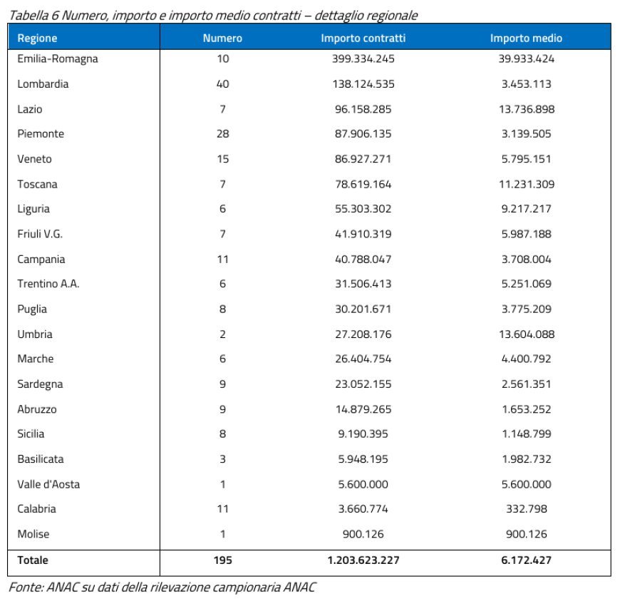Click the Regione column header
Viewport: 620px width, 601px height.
pos(37,38)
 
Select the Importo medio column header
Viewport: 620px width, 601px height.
pos(526,38)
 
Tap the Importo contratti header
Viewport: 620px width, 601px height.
pos(363,38)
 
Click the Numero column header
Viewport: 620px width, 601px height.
pos(222,38)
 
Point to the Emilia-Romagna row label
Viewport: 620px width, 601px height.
pos(57,59)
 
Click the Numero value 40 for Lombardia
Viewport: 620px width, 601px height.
pos(222,84)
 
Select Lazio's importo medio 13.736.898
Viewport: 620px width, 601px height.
pos(526,109)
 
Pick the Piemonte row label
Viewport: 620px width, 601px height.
pos(41,134)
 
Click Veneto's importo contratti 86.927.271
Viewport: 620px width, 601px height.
pos(363,159)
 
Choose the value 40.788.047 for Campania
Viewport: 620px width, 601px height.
pos(363,260)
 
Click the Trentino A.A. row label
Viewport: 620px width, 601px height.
pos(48,284)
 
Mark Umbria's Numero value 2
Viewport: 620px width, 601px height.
pos(222,334)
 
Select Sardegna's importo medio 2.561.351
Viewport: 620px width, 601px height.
pos(526,384)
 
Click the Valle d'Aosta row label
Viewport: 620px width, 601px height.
pos(48,484)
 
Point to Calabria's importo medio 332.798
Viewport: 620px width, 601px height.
pos(526,509)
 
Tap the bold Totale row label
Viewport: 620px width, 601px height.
pos(33,560)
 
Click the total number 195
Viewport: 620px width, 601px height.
pos(222,560)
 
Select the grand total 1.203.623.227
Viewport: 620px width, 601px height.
pos(363,560)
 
